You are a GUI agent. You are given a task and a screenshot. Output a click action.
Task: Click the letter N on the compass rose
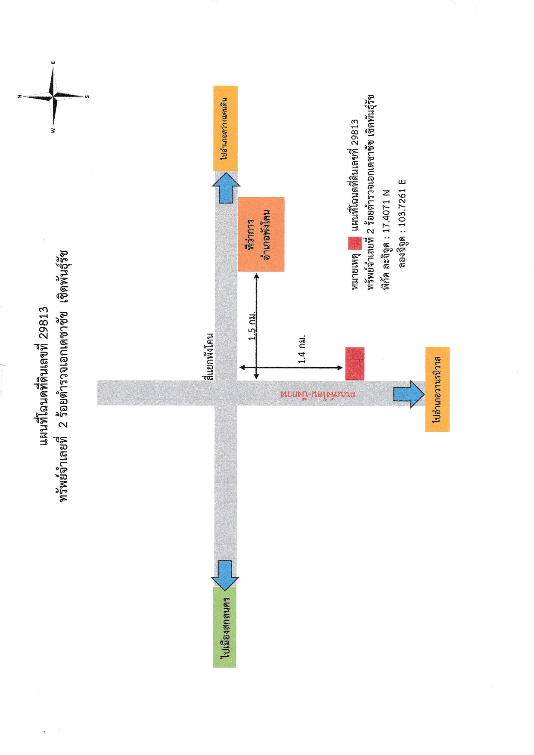tap(19, 97)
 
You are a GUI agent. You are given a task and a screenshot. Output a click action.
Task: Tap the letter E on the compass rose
tap(53, 63)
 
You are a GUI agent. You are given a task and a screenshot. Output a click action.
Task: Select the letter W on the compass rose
tap(53, 130)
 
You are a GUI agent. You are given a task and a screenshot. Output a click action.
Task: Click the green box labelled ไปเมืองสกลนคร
tap(225, 627)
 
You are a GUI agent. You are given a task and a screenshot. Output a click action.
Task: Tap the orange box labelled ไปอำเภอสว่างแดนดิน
tap(226, 128)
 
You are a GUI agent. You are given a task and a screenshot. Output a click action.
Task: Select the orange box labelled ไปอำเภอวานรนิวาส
tap(438, 389)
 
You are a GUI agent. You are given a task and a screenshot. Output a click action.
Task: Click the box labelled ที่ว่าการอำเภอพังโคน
tap(261, 234)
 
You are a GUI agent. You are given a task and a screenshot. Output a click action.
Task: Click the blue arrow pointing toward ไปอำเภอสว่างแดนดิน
tap(226, 187)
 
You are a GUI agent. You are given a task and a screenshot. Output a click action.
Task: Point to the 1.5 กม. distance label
tap(253, 325)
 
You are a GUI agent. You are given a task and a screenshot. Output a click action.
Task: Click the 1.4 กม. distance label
tap(302, 349)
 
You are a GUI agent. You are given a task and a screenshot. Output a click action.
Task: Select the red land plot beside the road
tap(355, 364)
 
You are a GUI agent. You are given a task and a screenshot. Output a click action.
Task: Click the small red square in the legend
tap(355, 243)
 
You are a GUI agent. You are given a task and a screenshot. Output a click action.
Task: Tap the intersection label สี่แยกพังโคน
tap(209, 356)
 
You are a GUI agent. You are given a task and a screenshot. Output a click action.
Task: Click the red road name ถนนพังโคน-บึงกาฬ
tap(318, 394)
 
